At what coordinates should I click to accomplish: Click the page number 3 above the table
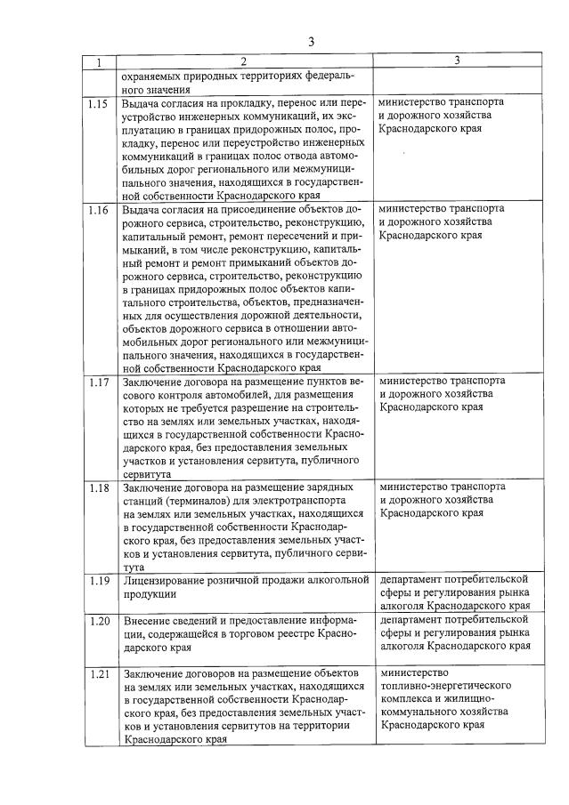311,41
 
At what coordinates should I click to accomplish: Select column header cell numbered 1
100,61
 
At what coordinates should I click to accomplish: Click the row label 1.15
99,103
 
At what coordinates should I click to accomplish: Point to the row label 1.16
99,210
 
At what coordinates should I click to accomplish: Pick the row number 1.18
99,488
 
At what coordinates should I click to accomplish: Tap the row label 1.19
99,581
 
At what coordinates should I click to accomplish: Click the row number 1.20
99,620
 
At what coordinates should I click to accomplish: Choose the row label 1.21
99,673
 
